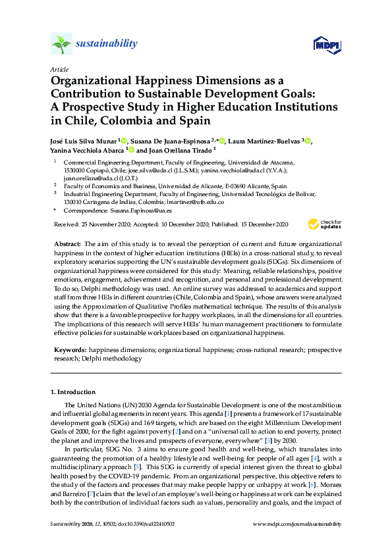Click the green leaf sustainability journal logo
(61, 44)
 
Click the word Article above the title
(59, 69)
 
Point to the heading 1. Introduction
(73, 393)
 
